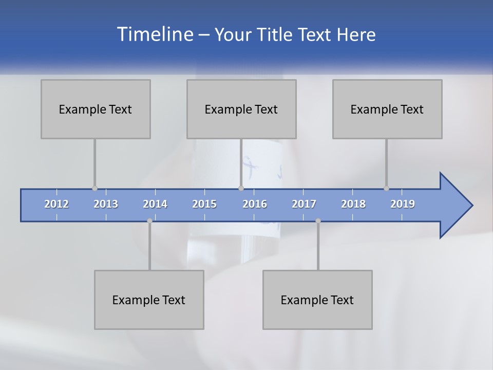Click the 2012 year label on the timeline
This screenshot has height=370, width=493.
(56, 204)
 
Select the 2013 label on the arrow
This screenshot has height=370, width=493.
(106, 204)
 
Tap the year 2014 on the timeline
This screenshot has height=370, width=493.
(155, 204)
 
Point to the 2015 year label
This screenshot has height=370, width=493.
(204, 204)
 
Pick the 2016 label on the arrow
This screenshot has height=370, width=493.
(255, 204)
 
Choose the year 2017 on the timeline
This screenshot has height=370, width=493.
(304, 204)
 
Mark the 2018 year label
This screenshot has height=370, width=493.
(353, 204)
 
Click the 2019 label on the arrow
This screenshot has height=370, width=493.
(403, 204)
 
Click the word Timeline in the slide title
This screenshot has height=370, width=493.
(155, 34)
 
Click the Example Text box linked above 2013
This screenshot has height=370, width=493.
(96, 109)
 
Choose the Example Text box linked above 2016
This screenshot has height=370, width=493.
(241, 109)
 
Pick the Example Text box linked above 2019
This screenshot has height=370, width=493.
(387, 109)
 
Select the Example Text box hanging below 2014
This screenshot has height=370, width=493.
(149, 300)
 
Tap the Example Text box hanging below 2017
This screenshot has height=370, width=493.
(317, 300)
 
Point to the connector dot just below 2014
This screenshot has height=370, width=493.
(149, 220)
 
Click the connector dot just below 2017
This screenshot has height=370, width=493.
(318, 220)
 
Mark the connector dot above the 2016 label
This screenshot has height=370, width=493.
(241, 188)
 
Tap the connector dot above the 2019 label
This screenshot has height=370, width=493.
(386, 188)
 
